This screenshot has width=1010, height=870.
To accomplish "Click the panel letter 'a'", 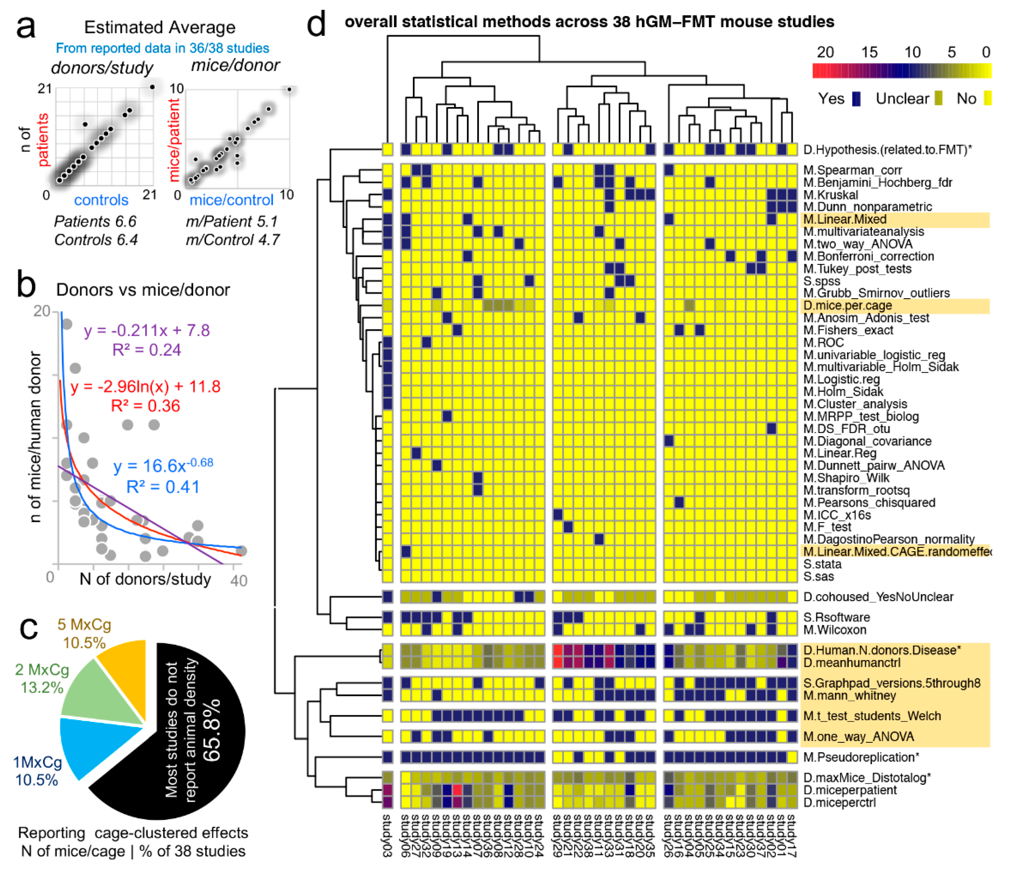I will [x=25, y=28].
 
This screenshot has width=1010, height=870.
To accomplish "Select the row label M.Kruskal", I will [x=830, y=195].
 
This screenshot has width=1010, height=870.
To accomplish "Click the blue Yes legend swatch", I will [x=856, y=99].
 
